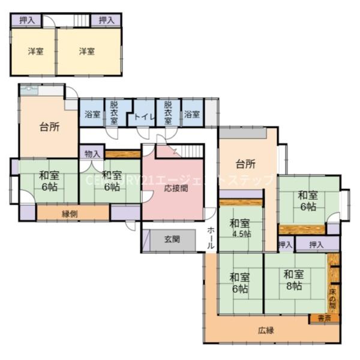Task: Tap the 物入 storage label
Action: click(92, 154)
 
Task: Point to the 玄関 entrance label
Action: click(173, 239)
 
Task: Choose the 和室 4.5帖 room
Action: click(240, 228)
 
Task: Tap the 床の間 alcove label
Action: click(333, 298)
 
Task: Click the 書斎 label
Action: click(324, 319)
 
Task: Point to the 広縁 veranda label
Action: click(266, 331)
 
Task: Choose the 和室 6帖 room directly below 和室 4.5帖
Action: click(239, 282)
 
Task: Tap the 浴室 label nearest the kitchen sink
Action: click(92, 114)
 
